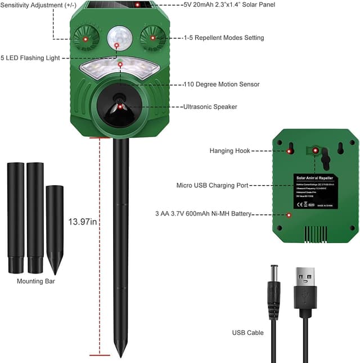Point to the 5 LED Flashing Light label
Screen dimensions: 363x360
29,58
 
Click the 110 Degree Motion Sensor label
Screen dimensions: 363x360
221,84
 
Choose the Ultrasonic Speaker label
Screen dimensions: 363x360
210,106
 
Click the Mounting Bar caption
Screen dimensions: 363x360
36,281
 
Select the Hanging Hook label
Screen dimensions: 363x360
229,151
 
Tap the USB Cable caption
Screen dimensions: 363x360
247,333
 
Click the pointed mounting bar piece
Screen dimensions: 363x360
55,228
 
